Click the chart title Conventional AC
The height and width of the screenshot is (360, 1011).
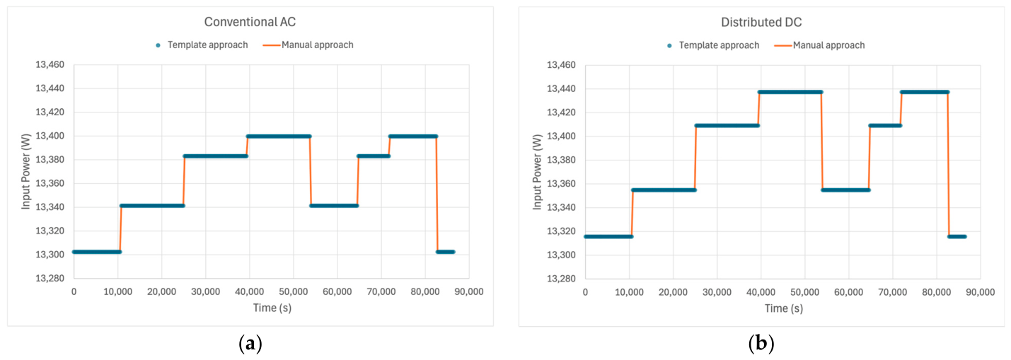point(250,22)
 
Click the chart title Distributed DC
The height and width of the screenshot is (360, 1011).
point(761,22)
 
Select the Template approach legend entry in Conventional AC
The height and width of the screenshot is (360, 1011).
point(202,45)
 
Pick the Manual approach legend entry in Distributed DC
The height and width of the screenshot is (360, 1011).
point(820,45)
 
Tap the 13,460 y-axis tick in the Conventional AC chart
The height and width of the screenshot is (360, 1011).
point(50,64)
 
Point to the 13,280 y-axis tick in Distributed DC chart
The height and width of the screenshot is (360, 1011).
point(561,279)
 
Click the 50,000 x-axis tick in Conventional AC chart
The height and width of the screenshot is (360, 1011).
point(294,291)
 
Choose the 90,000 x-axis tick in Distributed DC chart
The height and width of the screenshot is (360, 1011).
point(980,292)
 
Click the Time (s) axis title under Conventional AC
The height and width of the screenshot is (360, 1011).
point(272,308)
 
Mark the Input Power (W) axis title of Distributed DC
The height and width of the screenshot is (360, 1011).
point(537,172)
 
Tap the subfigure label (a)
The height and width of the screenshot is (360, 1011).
point(250,344)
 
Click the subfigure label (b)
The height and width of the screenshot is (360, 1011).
point(761,344)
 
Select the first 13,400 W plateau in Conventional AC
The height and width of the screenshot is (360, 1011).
point(279,137)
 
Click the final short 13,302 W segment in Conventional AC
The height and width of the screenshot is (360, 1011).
point(446,252)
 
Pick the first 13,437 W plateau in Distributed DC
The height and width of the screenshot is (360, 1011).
point(790,92)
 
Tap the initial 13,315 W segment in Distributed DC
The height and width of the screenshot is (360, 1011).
point(608,236)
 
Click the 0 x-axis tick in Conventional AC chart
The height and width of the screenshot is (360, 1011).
point(74,291)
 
